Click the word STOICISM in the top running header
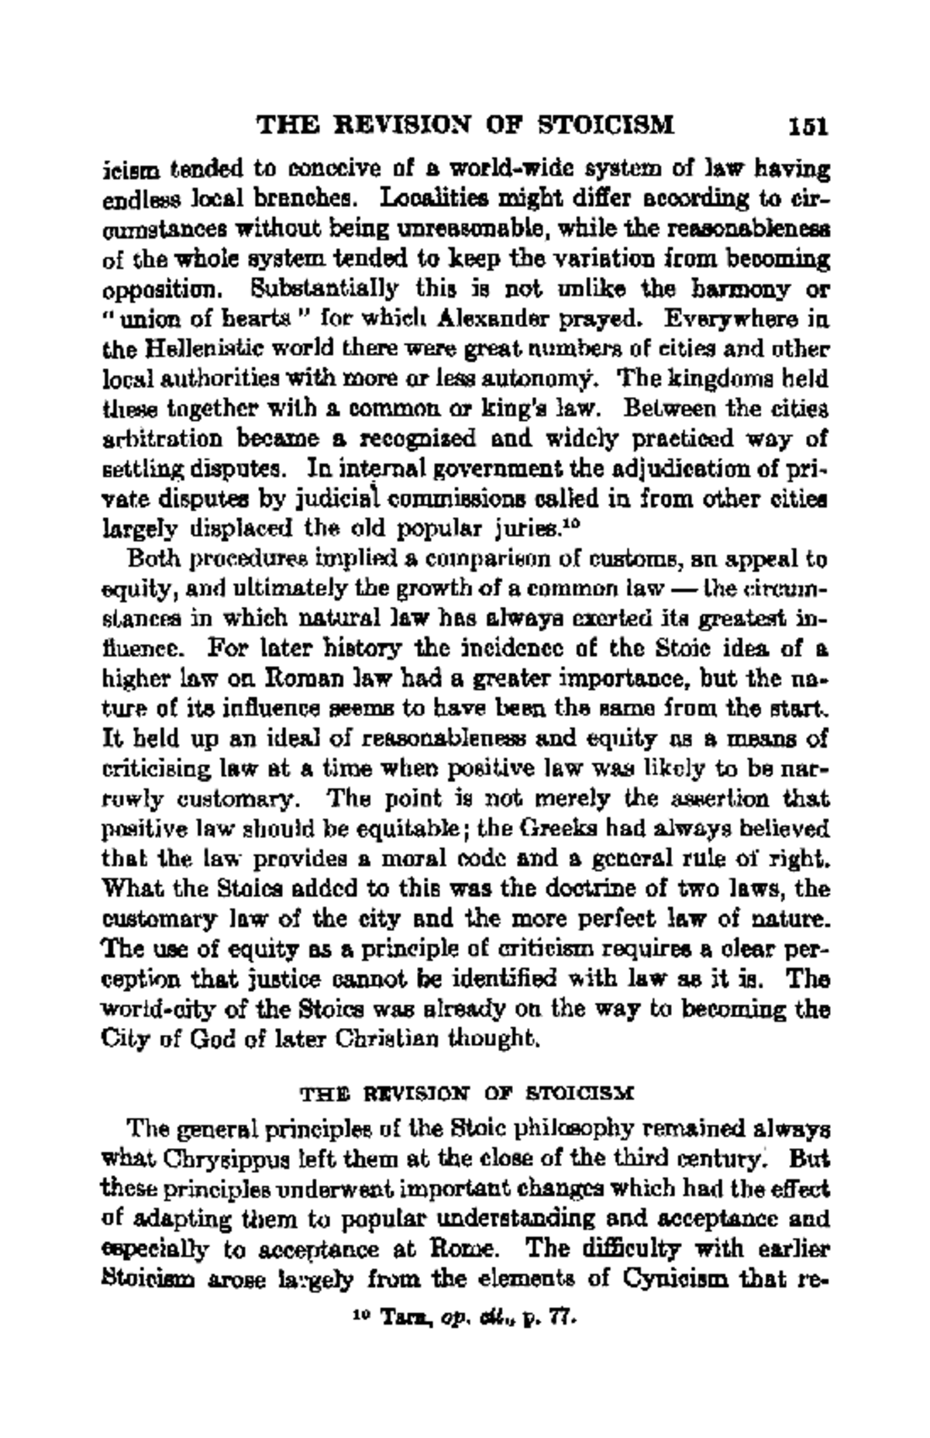point(607,124)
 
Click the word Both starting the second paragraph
point(150,559)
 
